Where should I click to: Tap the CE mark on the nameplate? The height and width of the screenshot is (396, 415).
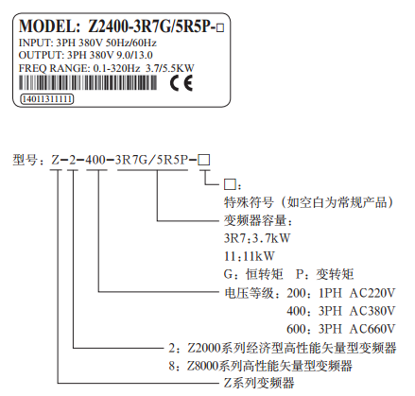[x=182, y=83]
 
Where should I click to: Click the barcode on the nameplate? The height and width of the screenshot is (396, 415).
[x=88, y=83]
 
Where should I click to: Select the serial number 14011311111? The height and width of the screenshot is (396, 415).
[x=47, y=99]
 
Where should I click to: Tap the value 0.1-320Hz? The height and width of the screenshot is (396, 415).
[x=116, y=68]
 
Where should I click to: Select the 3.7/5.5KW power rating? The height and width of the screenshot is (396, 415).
[x=169, y=68]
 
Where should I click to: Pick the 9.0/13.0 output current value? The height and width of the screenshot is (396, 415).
[x=134, y=55]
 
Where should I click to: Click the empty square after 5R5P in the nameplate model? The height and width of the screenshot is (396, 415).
[x=220, y=28]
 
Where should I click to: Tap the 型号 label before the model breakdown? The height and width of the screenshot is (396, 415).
[x=26, y=160]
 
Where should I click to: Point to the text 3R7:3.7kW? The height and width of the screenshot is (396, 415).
[x=257, y=238]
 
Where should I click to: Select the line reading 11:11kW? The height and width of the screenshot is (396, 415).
[x=250, y=256]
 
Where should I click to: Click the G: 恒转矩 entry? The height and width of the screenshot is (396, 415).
[x=253, y=274]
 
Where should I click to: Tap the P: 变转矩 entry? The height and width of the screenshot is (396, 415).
[x=324, y=274]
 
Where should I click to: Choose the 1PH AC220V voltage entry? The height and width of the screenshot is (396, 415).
[x=356, y=293]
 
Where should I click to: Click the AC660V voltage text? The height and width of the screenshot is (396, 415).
[x=372, y=329]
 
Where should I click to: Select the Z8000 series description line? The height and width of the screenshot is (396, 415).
[x=260, y=366]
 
